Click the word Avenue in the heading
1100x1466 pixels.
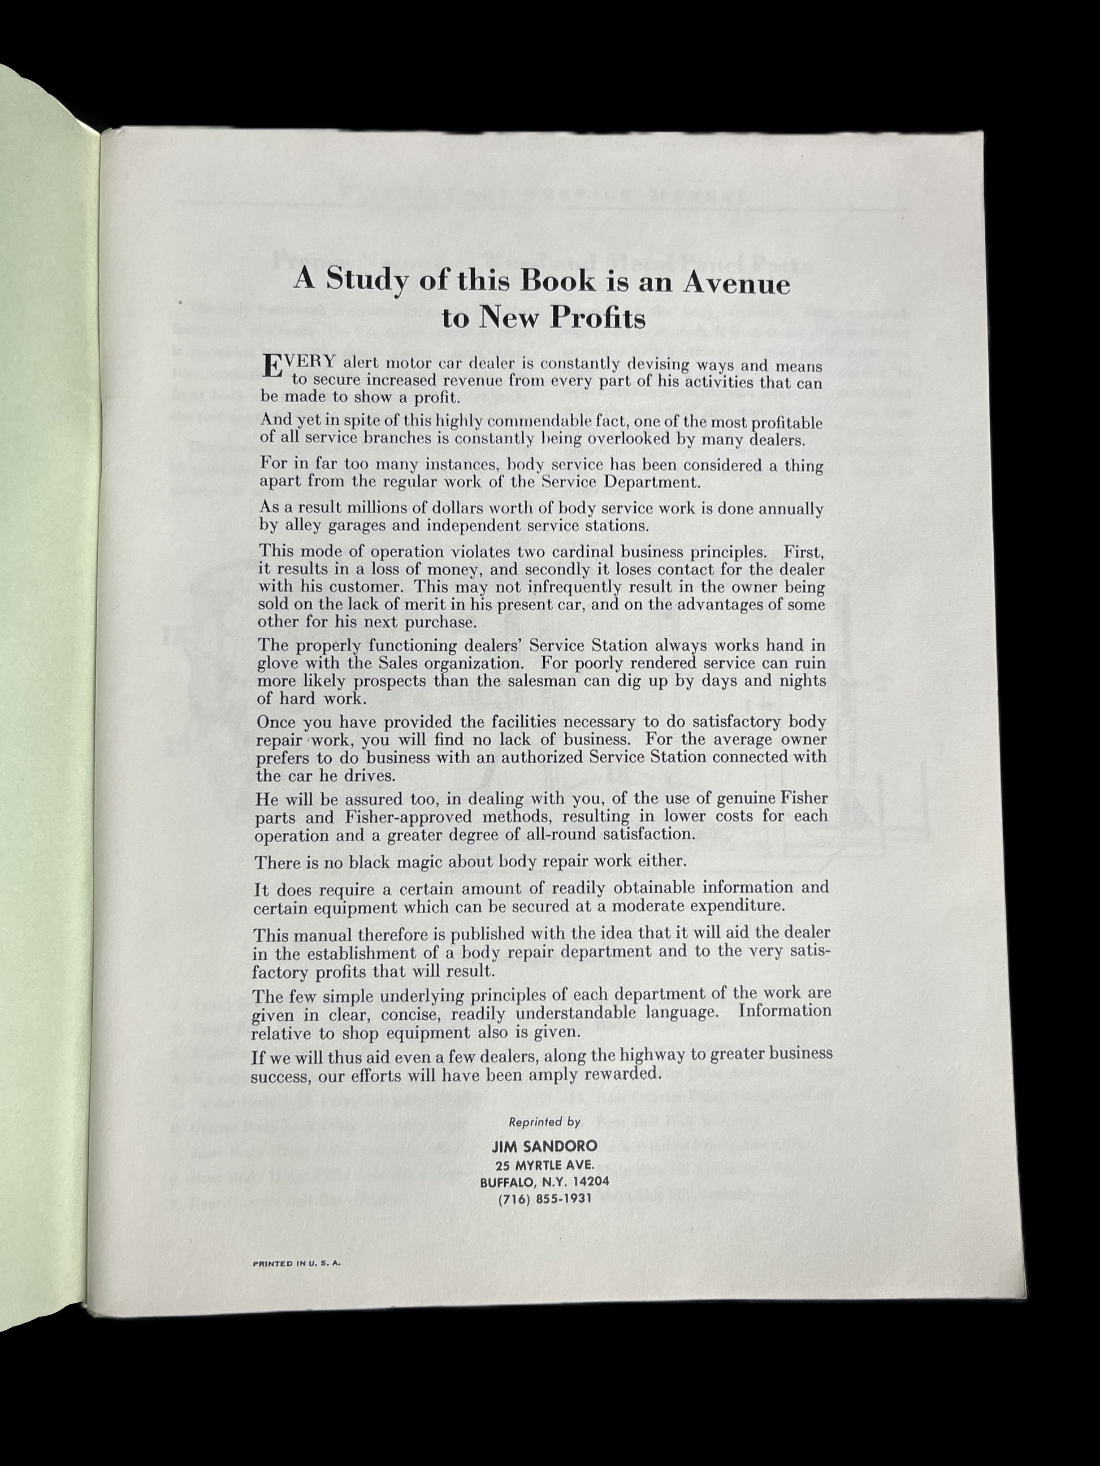737,282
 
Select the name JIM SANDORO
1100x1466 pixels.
544,1146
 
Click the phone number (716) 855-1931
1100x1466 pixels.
544,1198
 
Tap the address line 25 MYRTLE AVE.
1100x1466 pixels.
544,1164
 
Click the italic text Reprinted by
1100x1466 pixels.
544,1122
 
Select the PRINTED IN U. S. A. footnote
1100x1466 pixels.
296,1263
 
